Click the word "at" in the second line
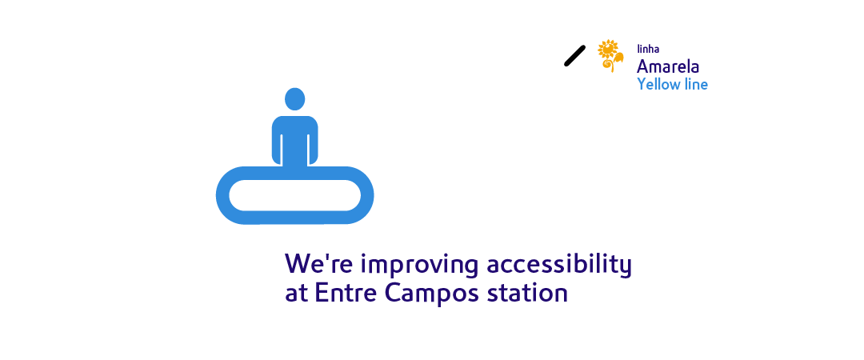pyautogui.click(x=296, y=294)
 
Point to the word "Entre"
pyautogui.click(x=342, y=293)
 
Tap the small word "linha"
pyautogui.click(x=648, y=50)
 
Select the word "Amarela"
pyautogui.click(x=668, y=66)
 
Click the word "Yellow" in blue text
pyautogui.click(x=658, y=85)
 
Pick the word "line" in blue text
pyautogui.click(x=695, y=84)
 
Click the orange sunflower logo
pyautogui.click(x=610, y=56)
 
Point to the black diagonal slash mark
pyautogui.click(x=574, y=56)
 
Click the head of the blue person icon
pyautogui.click(x=294, y=98)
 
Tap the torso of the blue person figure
pyautogui.click(x=294, y=140)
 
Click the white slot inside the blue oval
pyautogui.click(x=294, y=195)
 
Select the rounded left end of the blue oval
pyautogui.click(x=222, y=195)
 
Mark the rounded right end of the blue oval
pyautogui.click(x=367, y=195)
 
